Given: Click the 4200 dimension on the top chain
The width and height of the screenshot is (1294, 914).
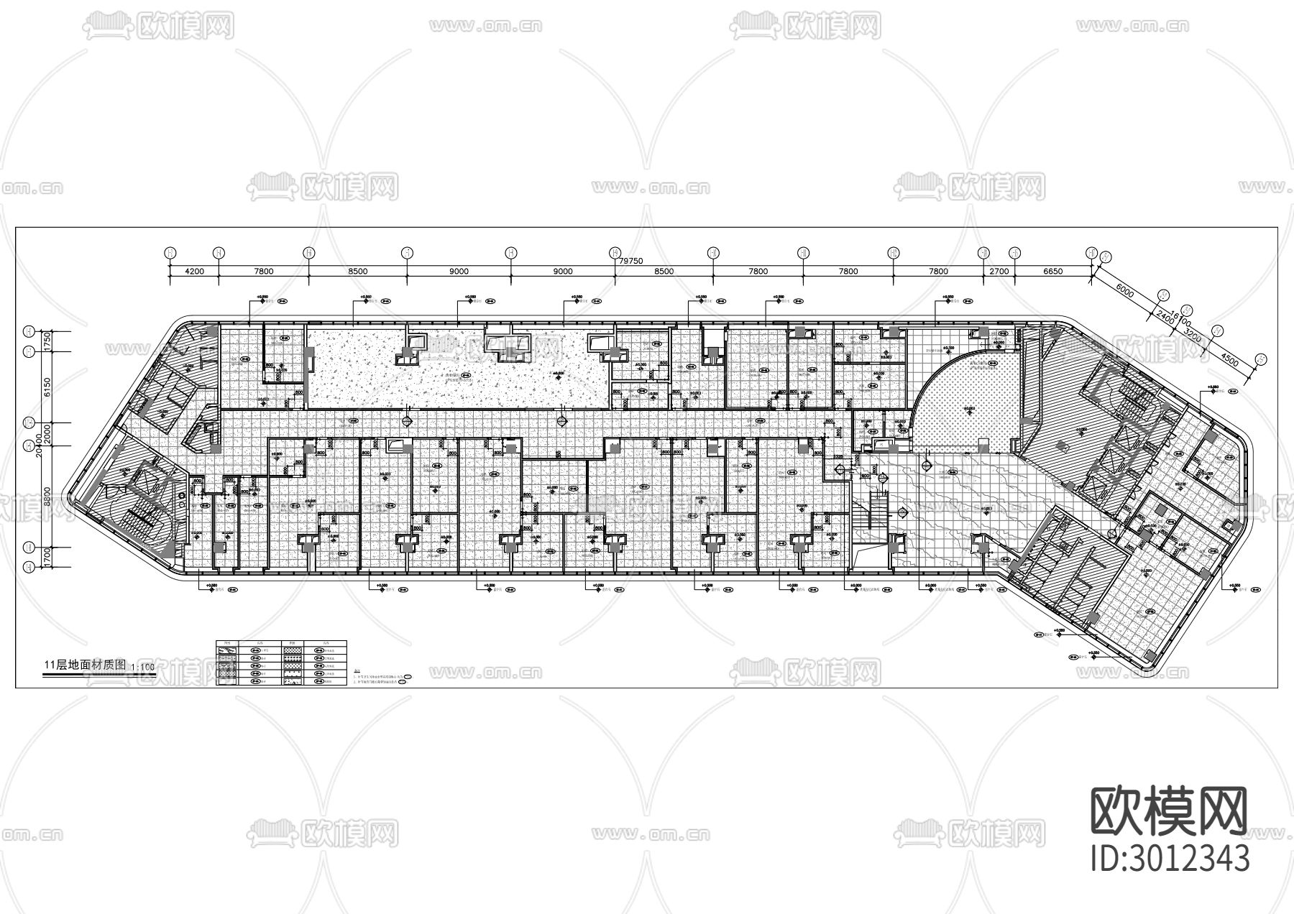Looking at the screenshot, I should click(195, 272).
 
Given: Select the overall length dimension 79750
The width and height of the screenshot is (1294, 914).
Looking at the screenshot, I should click(630, 262).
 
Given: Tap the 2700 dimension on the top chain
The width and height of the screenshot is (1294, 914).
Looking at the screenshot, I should click(999, 272).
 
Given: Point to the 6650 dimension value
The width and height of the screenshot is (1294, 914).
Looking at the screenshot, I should click(1052, 272).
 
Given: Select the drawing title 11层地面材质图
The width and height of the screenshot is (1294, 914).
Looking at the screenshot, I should click(85, 665).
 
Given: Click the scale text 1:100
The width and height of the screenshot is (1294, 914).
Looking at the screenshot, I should click(144, 667).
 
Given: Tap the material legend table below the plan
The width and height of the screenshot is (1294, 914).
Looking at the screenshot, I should click(281, 661).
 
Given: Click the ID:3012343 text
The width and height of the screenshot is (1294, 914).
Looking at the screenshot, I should click(1170, 857).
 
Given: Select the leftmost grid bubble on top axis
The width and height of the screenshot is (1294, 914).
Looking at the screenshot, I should click(170, 252).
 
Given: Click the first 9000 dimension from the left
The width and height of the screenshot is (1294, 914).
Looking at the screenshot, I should click(459, 272).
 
